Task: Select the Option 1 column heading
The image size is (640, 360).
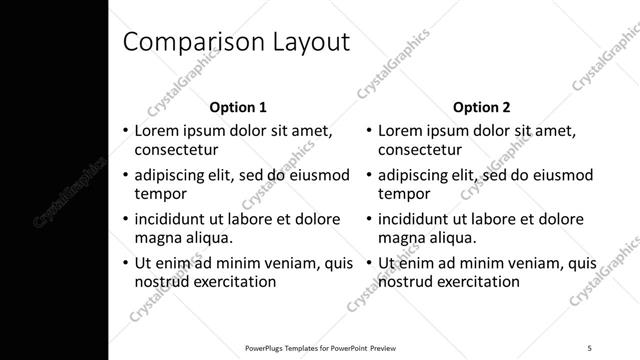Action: click(x=238, y=107)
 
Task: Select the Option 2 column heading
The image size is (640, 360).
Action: click(x=481, y=107)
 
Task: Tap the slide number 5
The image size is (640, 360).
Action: click(x=590, y=347)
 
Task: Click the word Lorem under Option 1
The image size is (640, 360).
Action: click(x=157, y=131)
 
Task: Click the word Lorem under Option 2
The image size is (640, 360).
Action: click(x=401, y=131)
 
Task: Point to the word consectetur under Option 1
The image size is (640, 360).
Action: click(x=176, y=150)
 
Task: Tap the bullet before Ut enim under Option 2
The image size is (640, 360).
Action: click(x=368, y=264)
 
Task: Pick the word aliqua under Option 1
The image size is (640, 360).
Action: click(x=208, y=238)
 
